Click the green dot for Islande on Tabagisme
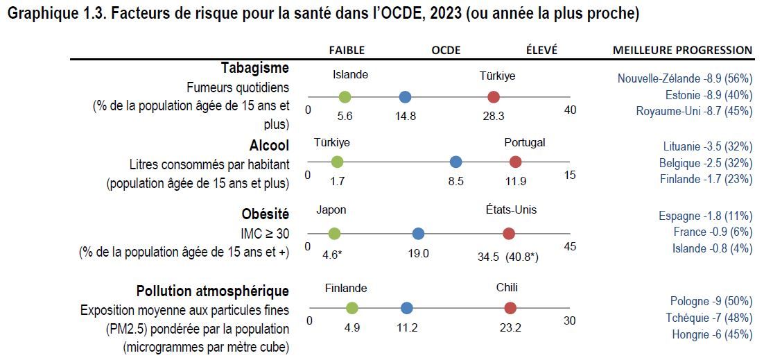coord(345,97)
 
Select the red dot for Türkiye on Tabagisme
coord(494,97)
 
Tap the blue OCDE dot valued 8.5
coord(455,162)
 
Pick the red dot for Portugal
coord(515,162)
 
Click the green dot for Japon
coord(334,234)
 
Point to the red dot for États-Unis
coord(508,234)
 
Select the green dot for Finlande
coord(352,308)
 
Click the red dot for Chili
coord(510,308)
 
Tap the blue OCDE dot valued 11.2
coord(407,308)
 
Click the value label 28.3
coord(494,116)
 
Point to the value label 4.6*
coord(333,254)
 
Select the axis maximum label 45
coord(570,246)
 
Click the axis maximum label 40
coord(570,110)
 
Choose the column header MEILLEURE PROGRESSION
coord(682,50)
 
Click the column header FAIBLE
coord(347,50)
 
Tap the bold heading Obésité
coord(265,214)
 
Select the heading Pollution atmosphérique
coord(212,291)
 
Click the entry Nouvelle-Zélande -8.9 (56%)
coord(684,78)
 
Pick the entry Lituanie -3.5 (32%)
coord(707,146)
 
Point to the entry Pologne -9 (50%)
coord(711,301)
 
